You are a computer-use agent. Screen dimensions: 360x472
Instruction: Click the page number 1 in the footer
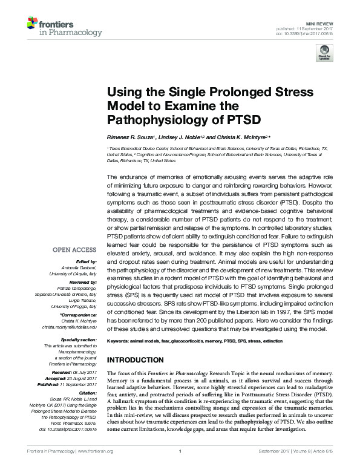180,466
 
